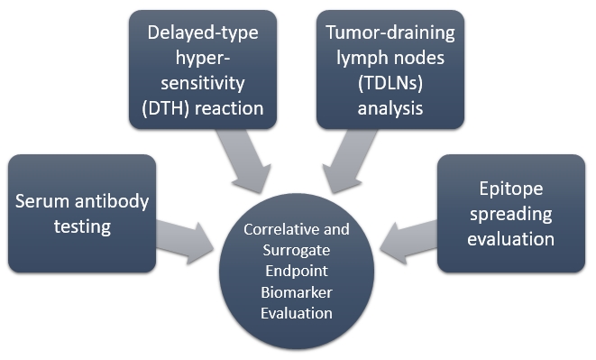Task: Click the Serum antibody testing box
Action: click(80, 213)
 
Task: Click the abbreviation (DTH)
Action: click(177, 109)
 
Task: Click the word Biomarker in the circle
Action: click(297, 291)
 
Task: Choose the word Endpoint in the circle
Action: click(297, 271)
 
